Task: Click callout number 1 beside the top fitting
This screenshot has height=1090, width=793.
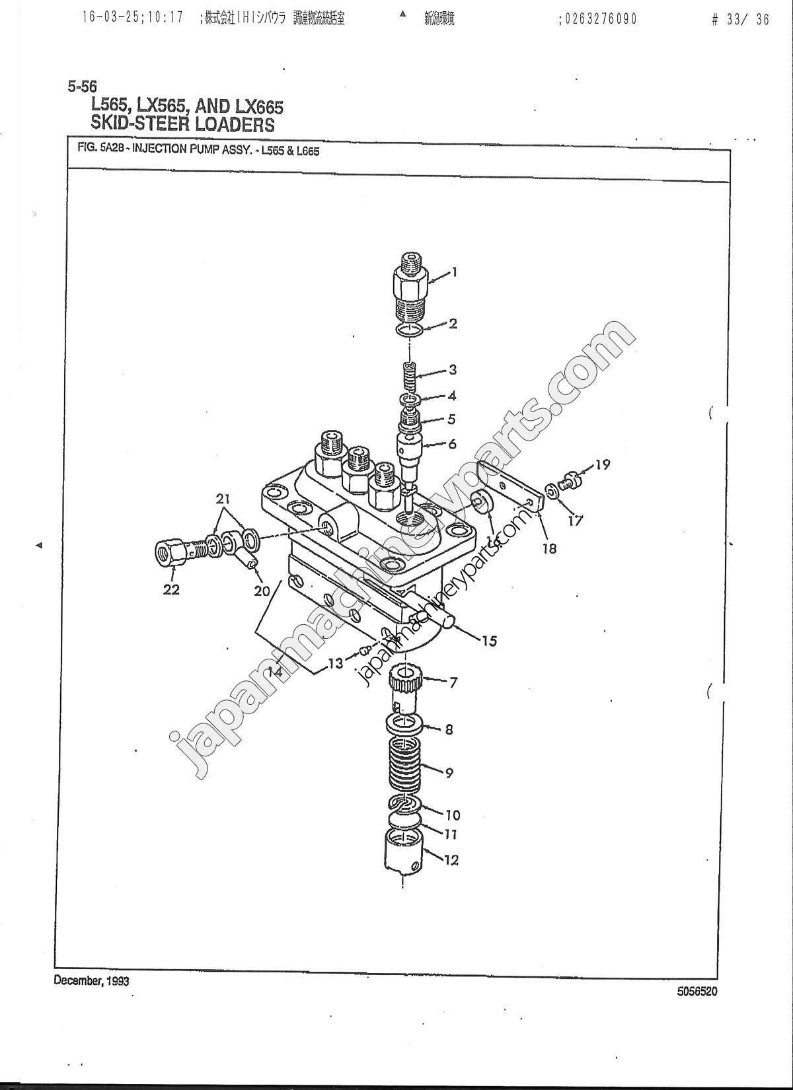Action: (454, 272)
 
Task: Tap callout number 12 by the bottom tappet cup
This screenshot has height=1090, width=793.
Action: (452, 859)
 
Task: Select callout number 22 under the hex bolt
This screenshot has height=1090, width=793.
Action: (172, 589)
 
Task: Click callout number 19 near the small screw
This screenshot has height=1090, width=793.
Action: (602, 464)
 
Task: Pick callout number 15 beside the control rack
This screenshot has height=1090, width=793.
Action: (489, 641)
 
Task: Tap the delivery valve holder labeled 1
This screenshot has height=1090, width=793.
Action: (410, 291)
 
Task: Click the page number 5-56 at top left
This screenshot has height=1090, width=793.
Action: (82, 85)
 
